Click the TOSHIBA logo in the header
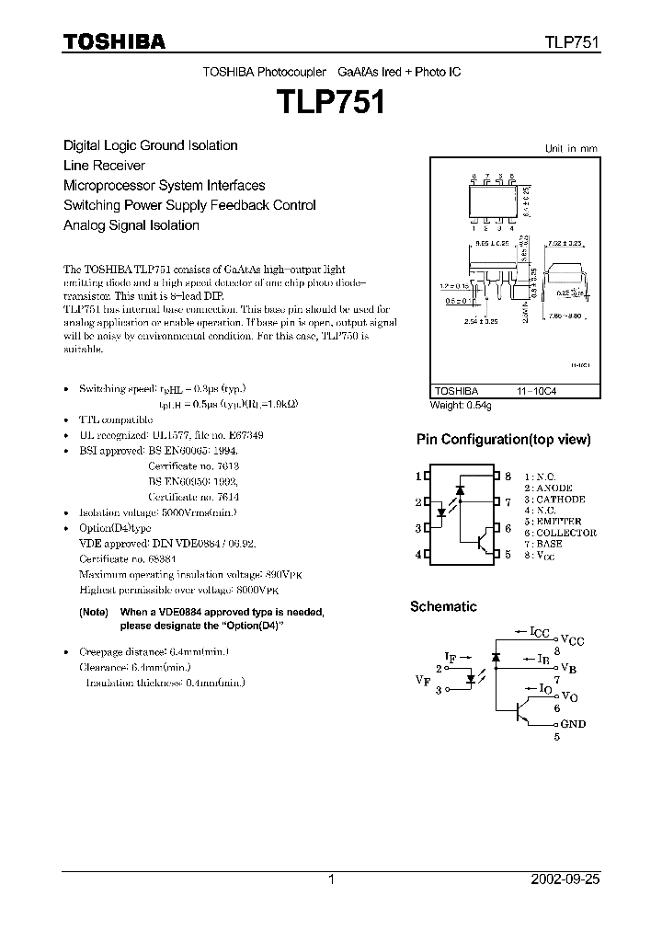click(114, 40)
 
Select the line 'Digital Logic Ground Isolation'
click(150, 145)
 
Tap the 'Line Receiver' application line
click(104, 166)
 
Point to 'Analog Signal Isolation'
click(131, 225)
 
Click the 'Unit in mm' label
click(570, 148)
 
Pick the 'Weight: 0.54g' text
click(461, 406)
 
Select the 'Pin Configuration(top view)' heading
click(504, 440)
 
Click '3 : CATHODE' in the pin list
click(554, 500)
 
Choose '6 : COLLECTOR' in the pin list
click(560, 533)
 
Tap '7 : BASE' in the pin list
click(543, 544)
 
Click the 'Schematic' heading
click(443, 606)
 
